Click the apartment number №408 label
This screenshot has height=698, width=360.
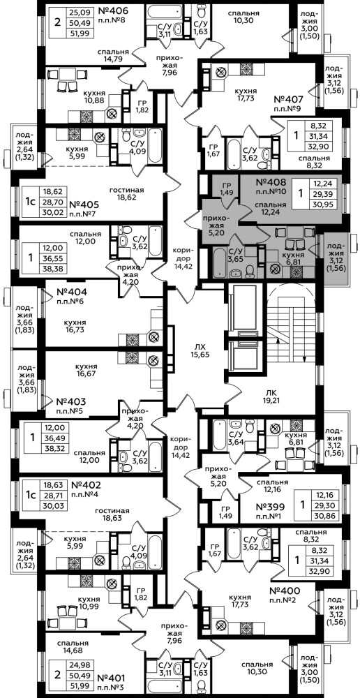pos(274,182)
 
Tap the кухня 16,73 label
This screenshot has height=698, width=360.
pos(75,326)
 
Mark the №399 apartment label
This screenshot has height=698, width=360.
pos(273,506)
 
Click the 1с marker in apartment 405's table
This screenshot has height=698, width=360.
pos(29,202)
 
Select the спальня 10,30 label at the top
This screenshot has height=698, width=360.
pos(243,17)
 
